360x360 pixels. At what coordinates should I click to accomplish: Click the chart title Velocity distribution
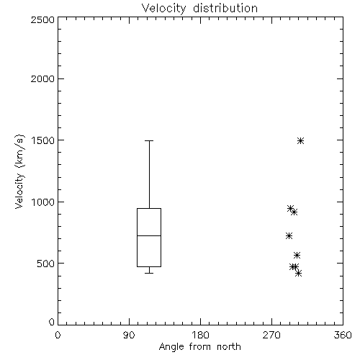pos(199,8)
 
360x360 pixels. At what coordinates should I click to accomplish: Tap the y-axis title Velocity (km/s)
pos(19,172)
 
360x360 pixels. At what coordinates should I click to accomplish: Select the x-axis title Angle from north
pos(199,347)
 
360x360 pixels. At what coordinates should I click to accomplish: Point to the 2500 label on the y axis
pos(42,19)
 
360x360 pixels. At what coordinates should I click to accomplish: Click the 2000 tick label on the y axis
pos(42,78)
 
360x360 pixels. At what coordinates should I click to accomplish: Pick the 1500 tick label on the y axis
pos(43,140)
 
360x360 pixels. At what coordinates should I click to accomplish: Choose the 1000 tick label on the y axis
pos(43,202)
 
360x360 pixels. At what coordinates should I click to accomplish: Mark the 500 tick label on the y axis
pos(46,264)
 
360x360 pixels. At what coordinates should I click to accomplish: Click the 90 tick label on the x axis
pos(129,335)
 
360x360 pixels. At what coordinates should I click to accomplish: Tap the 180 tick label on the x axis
pos(200,335)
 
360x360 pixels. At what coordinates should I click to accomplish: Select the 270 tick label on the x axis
pos(271,335)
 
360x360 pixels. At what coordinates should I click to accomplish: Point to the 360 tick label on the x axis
pos(343,335)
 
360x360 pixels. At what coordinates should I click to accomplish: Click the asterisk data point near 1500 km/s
pos(300,140)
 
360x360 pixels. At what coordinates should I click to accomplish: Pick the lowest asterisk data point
pos(298,273)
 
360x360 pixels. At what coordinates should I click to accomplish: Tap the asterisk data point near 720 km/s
pos(289,235)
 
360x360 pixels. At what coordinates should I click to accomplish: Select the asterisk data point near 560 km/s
pos(297,255)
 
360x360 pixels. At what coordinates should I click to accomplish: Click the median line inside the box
pos(149,235)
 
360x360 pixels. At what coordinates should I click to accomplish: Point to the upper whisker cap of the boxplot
pos(149,140)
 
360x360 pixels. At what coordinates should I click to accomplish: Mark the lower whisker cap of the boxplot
pos(149,273)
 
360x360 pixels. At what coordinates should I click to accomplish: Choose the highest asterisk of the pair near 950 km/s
pos(291,208)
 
